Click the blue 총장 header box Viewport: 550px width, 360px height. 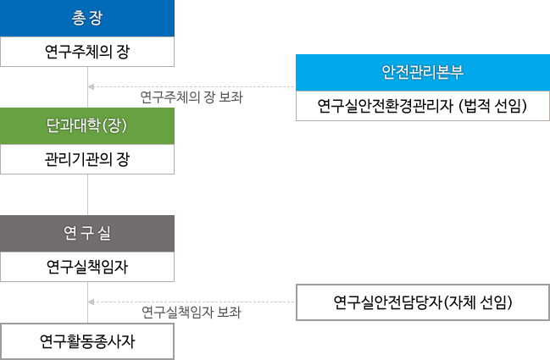[x=87, y=19]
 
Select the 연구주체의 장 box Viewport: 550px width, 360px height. [x=87, y=52]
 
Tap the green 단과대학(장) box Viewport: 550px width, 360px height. [x=87, y=126]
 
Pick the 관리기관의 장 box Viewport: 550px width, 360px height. [x=87, y=159]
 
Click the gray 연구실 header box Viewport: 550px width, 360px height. [x=87, y=234]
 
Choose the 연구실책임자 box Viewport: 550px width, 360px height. [x=87, y=267]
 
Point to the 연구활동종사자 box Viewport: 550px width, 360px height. [x=87, y=341]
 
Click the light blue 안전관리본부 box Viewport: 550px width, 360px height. [x=423, y=73]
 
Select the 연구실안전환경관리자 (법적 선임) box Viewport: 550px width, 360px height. [x=423, y=106]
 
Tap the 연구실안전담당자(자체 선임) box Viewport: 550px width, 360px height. [x=423, y=302]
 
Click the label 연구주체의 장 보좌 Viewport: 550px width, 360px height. [x=192, y=97]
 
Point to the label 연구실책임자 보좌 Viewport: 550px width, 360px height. [x=192, y=313]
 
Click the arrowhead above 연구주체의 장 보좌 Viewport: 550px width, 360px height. [x=92, y=86]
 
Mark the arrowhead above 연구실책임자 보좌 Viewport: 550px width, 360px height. [x=92, y=302]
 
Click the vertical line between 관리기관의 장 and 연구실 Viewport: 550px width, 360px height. [x=87, y=195]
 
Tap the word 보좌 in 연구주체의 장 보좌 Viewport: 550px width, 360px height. [x=231, y=97]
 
